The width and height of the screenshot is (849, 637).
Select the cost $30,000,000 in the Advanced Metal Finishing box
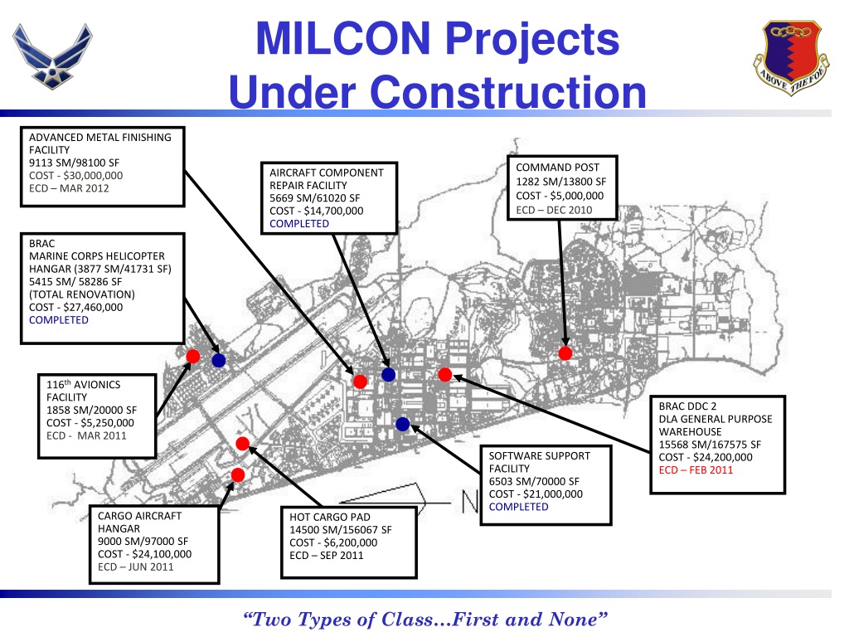click(75, 175)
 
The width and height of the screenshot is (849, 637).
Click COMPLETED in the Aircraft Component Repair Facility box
click(299, 223)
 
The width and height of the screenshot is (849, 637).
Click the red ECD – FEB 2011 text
click(696, 469)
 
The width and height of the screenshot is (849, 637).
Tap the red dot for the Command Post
click(565, 353)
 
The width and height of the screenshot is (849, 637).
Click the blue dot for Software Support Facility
click(403, 425)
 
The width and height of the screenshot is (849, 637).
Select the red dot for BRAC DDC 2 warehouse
click(444, 375)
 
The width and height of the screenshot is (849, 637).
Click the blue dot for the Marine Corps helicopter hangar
click(219, 361)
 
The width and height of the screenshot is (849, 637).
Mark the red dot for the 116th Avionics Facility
click(192, 356)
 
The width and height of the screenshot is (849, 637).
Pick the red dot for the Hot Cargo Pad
click(243, 443)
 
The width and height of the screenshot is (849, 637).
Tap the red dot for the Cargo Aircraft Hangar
click(238, 474)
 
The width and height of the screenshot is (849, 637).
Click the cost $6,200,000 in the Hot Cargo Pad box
click(328, 542)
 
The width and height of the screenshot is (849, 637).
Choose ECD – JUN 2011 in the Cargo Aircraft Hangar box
click(136, 566)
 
